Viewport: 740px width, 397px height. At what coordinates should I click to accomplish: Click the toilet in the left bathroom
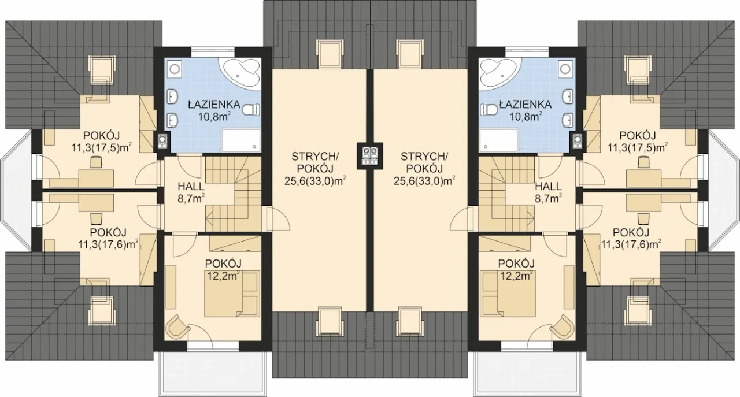coord(251,109)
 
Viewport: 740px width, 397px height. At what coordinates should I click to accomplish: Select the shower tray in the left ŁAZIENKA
coord(241,140)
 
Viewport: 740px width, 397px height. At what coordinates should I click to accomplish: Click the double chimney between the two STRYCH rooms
coord(370,156)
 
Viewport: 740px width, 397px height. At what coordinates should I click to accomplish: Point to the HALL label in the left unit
coord(191,186)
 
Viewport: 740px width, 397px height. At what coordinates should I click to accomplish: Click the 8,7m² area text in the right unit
coord(549,199)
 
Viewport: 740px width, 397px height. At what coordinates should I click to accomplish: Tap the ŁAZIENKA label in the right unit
coord(526,105)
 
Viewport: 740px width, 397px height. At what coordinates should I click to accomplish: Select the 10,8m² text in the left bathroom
coord(214,117)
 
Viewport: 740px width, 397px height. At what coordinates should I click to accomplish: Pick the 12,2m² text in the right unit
coord(516,276)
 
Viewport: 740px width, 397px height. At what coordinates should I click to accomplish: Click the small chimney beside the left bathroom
coord(162,141)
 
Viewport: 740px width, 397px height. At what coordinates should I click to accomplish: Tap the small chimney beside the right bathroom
coord(578,141)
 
